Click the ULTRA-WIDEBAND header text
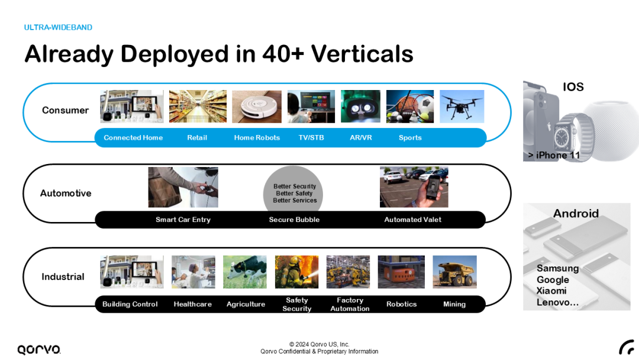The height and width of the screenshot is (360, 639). pos(58,27)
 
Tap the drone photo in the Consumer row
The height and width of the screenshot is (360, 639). pos(461,107)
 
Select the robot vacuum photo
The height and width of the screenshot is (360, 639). pos(256,107)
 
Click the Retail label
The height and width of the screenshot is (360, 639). pos(197,138)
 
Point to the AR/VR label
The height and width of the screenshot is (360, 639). pos(361,138)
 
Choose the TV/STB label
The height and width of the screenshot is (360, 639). pos(311,138)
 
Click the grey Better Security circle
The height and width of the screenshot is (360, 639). pos(294,189)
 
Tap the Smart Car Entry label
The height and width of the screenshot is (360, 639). pos(183,220)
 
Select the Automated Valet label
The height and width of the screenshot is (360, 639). pos(413,220)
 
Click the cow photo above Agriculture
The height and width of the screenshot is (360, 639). pos(244,272)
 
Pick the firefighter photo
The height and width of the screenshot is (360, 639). pos(296,272)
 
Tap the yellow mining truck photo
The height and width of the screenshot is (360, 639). pos(454,272)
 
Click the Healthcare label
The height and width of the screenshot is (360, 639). pos(192,304)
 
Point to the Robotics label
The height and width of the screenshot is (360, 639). pos(401,304)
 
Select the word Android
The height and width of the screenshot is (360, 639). pos(576,213)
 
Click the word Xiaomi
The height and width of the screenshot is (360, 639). pos(551,291)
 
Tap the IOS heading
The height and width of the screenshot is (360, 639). pos(573,87)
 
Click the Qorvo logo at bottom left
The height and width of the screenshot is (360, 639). pos(38,349)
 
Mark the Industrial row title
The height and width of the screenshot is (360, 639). pos(63,277)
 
